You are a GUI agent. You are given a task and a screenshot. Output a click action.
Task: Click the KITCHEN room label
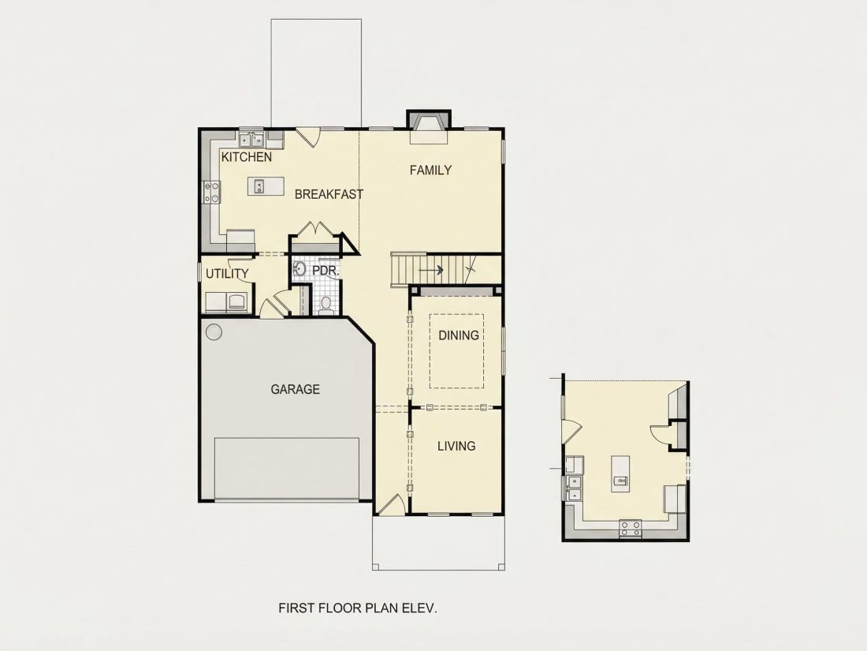coord(247,157)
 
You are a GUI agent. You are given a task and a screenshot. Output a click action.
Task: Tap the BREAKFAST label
coord(329,194)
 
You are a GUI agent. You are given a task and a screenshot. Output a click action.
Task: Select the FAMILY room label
coord(430,170)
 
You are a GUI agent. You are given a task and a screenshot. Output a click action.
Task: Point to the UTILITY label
coord(227,274)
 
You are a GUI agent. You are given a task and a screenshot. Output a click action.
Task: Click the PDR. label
coord(326,271)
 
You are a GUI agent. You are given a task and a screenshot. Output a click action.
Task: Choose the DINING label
coord(459,335)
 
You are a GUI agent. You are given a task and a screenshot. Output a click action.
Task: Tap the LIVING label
coord(456,446)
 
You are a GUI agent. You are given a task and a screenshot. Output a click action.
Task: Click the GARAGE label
coord(296,390)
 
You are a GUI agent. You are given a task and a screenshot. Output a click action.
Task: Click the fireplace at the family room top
coord(429,127)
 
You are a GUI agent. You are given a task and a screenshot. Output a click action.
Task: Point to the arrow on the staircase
coord(430,271)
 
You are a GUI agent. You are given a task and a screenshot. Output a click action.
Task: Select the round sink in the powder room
coord(300,270)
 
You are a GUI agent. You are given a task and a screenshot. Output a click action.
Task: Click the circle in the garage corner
coord(214,332)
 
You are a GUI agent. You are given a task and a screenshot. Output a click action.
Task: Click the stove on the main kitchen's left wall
coord(212,193)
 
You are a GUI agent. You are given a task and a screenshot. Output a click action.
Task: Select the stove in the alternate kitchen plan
coord(631,528)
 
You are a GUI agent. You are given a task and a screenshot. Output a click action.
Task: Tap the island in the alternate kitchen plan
coord(620,473)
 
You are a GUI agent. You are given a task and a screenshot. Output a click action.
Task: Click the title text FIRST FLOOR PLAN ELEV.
coord(358,608)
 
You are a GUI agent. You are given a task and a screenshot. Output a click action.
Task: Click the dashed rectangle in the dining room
coord(456,351)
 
